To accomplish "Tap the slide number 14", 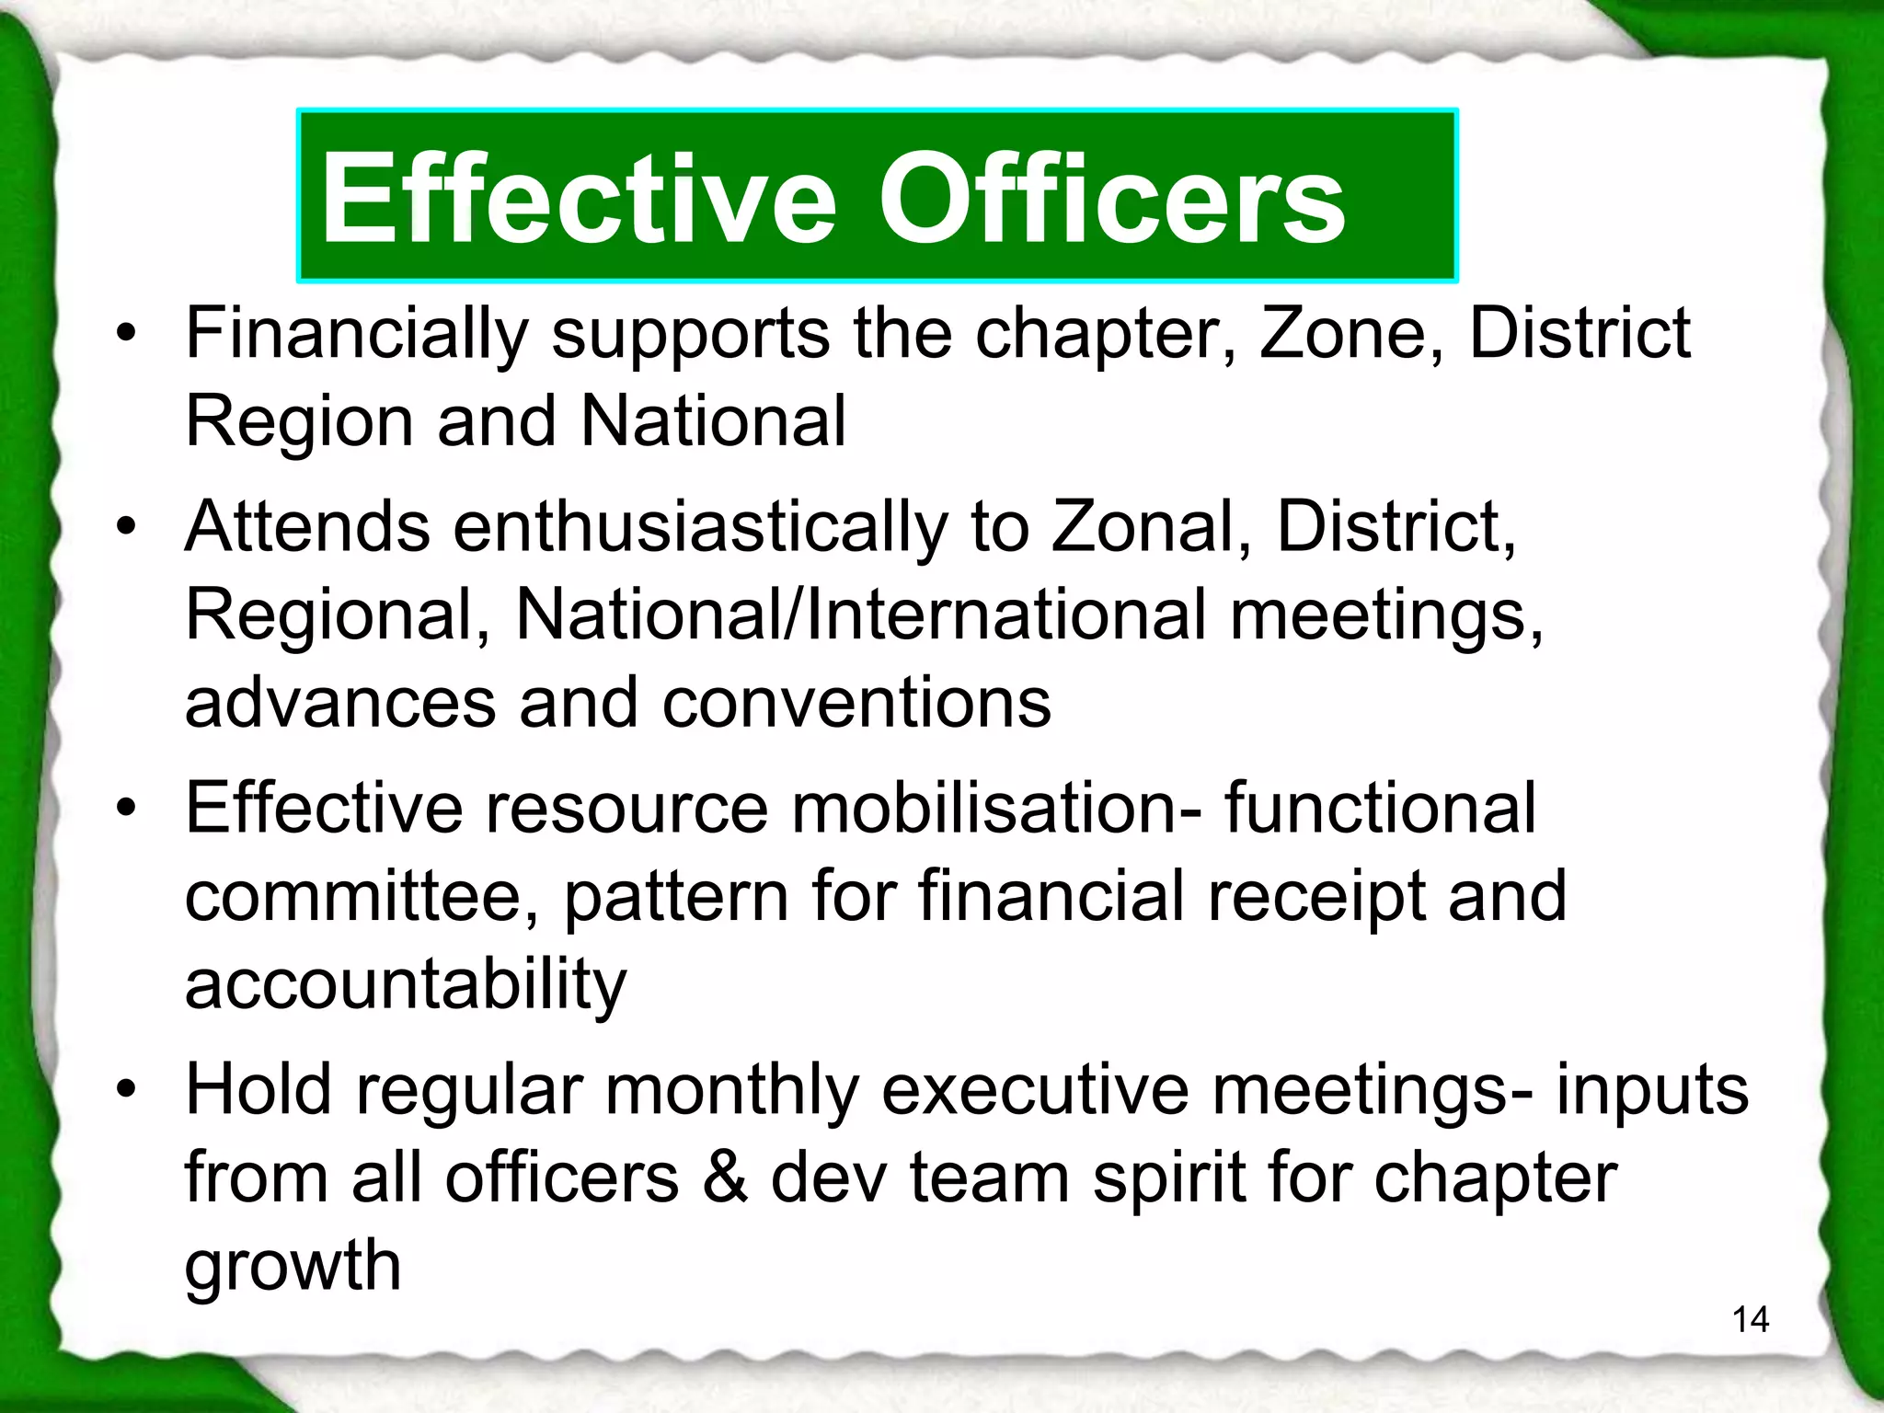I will pyautogui.click(x=1750, y=1320).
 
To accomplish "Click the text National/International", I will pyautogui.click(x=861, y=615).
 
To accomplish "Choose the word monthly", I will pyautogui.click(x=731, y=1091).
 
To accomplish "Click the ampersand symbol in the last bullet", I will pyautogui.click(x=725, y=1177).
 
